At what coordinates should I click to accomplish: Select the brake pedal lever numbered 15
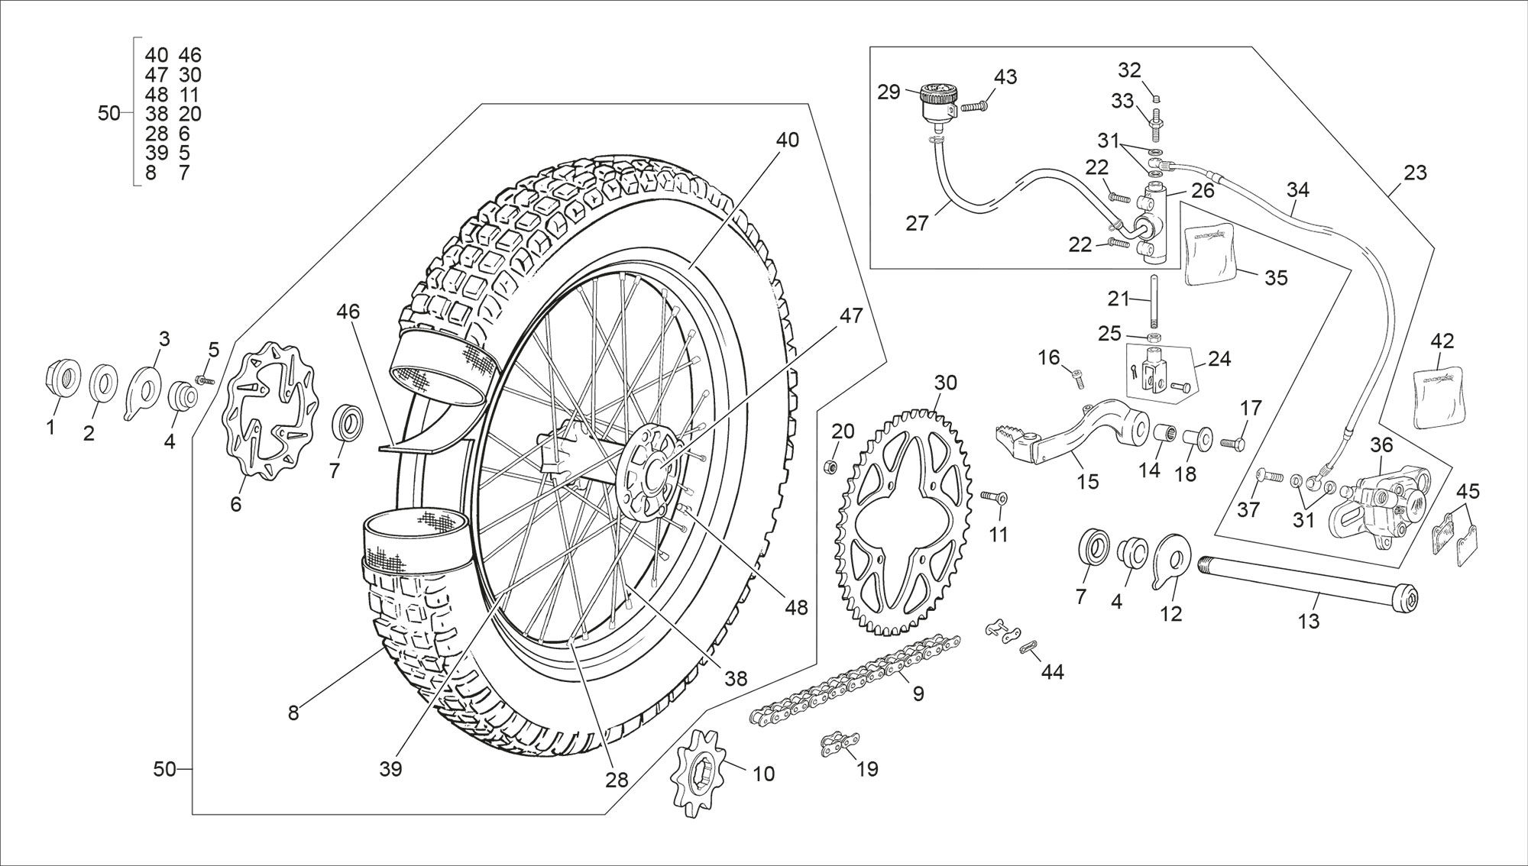click(1070, 440)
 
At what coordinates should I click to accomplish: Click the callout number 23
click(1415, 173)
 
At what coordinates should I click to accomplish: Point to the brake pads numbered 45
click(1456, 538)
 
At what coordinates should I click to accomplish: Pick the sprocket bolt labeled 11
click(993, 498)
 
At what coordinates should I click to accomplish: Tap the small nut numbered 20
click(833, 465)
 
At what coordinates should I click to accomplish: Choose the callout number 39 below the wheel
click(390, 769)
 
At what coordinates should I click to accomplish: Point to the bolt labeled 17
click(1232, 442)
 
